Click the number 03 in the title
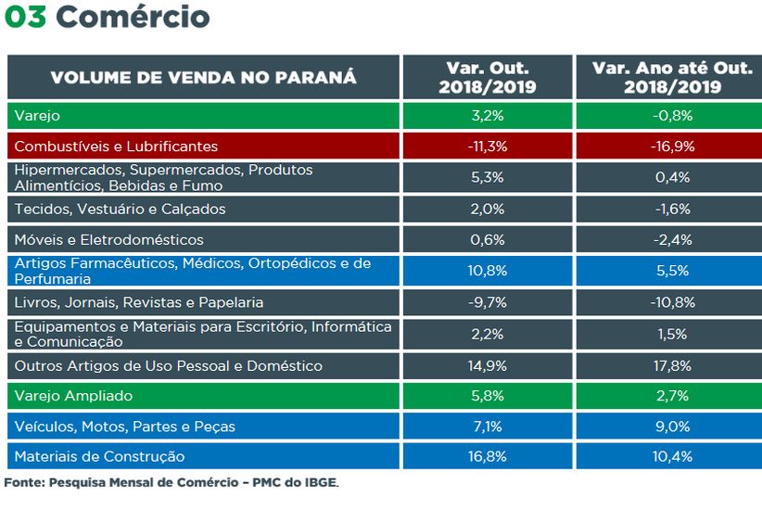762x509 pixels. tap(24, 17)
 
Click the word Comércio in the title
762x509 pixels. tap(133, 17)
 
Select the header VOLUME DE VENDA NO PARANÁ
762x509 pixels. tap(203, 77)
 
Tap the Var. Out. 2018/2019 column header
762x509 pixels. tap(488, 77)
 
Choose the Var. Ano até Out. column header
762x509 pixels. tap(672, 77)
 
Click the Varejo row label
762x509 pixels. tap(36, 116)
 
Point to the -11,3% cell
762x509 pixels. tap(488, 146)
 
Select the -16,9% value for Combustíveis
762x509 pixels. tap(672, 146)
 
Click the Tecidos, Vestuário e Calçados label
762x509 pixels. tap(121, 210)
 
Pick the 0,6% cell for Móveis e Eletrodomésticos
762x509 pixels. tap(488, 240)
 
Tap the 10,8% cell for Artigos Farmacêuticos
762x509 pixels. tap(488, 271)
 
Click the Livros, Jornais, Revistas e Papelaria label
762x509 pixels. tap(139, 302)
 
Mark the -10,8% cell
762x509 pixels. tap(672, 302)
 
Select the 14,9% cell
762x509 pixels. tap(488, 365)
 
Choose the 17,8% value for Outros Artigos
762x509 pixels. tap(672, 365)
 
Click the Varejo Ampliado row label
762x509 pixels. tap(73, 396)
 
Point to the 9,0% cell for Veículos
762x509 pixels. tap(672, 426)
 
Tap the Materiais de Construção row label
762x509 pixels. tap(99, 457)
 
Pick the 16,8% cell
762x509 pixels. tap(488, 457)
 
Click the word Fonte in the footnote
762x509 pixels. tap(22, 483)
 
